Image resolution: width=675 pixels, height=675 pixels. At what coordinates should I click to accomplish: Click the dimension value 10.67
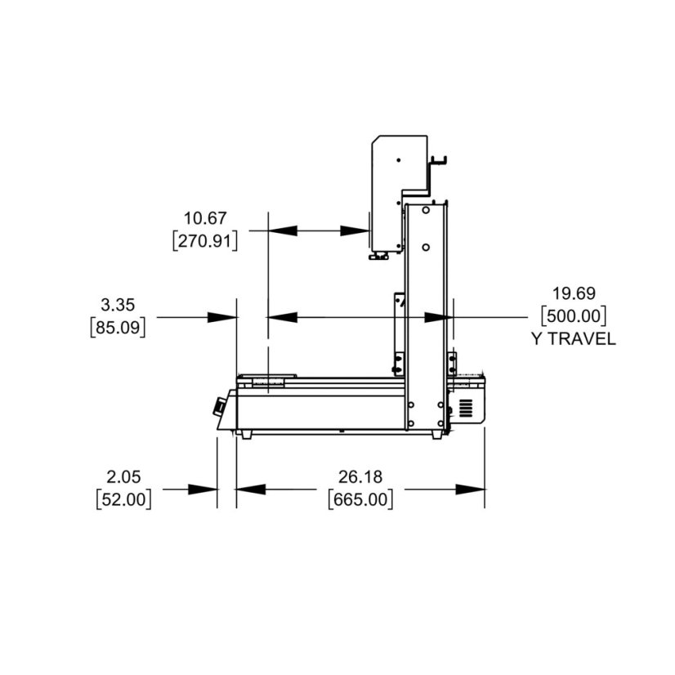click(205, 218)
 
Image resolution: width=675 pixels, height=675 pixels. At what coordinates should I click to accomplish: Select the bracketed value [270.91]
click(205, 240)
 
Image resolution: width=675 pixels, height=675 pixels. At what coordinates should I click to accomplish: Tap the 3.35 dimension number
click(118, 305)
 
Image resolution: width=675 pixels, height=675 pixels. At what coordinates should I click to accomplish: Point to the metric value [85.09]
click(118, 328)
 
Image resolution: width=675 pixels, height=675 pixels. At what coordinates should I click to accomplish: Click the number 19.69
click(574, 293)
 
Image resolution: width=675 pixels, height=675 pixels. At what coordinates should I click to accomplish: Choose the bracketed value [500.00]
click(574, 316)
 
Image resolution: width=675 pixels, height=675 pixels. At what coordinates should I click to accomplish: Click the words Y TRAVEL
click(574, 339)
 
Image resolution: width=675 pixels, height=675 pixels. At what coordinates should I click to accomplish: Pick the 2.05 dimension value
click(123, 477)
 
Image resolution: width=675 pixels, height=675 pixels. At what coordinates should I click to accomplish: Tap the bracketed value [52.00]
click(123, 499)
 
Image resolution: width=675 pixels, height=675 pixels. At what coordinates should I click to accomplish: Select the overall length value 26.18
click(360, 477)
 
